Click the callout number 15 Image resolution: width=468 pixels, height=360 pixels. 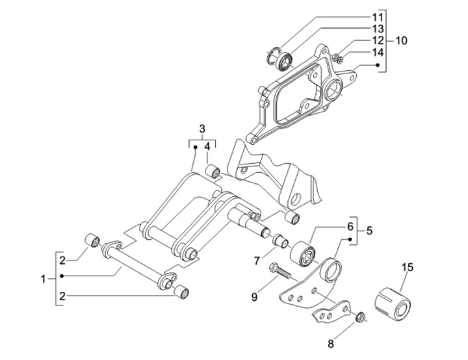(x=408, y=268)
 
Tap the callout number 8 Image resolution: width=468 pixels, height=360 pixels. (x=331, y=344)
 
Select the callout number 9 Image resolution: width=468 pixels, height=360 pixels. (x=254, y=298)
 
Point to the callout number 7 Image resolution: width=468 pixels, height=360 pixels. (x=257, y=261)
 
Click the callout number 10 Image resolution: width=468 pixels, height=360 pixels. (x=402, y=40)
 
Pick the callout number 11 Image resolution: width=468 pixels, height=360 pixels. (x=377, y=18)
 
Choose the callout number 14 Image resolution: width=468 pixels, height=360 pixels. (x=377, y=53)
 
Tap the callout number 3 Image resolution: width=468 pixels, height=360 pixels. (x=202, y=129)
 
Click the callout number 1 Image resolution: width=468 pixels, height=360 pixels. (x=43, y=279)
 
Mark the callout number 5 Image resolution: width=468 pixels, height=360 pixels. (x=369, y=231)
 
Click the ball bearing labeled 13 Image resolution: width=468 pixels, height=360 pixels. (x=285, y=61)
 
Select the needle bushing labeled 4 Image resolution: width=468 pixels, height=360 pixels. (x=213, y=172)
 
